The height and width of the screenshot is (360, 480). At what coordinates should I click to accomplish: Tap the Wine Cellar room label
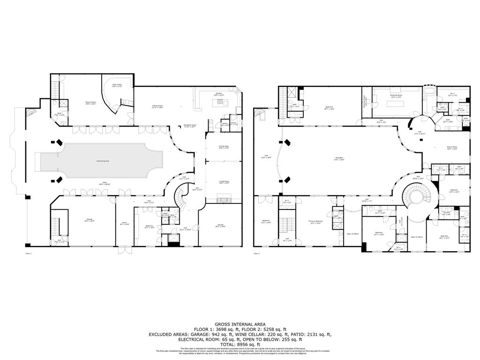point(117,85)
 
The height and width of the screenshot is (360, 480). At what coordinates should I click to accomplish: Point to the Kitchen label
point(218,94)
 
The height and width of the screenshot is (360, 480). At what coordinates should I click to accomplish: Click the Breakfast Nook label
point(189,126)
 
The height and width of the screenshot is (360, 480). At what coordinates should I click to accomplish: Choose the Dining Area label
point(224,147)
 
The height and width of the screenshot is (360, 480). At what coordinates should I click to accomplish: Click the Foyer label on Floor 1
point(125,223)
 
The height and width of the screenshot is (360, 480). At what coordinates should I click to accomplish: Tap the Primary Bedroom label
point(315,221)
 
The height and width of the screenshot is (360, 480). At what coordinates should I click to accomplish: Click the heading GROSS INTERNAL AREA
point(240,324)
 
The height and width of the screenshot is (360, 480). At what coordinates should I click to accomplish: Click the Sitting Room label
point(157,106)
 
